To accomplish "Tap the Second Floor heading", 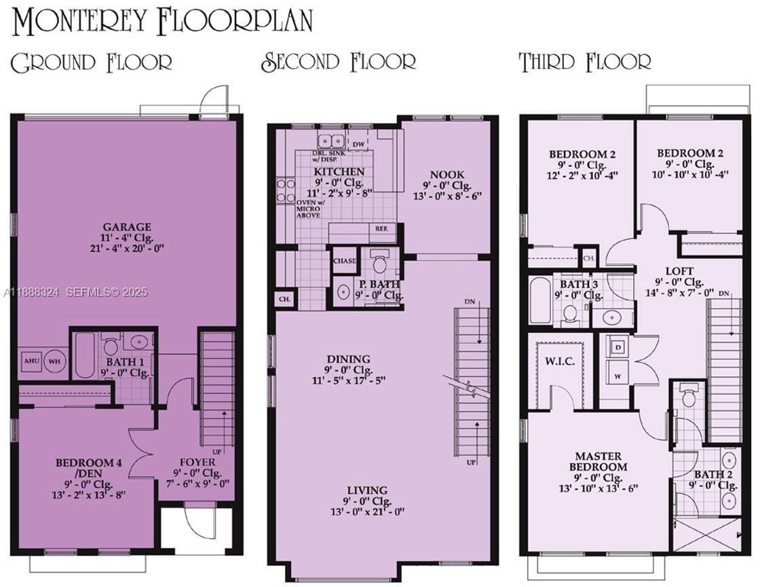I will (x=339, y=62).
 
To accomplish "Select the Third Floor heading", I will (x=585, y=62).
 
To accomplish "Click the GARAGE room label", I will (x=127, y=227).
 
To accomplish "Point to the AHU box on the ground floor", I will (x=31, y=361).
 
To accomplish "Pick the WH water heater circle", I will (x=54, y=361).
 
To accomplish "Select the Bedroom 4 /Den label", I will (x=88, y=468).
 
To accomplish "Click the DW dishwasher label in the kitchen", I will (x=359, y=145).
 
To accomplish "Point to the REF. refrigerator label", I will (x=381, y=229).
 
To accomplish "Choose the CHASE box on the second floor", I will (x=345, y=260).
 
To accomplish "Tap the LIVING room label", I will (x=367, y=490).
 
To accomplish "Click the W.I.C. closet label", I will (x=560, y=361).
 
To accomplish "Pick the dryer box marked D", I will (x=618, y=347).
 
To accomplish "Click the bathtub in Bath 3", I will (x=541, y=300).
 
